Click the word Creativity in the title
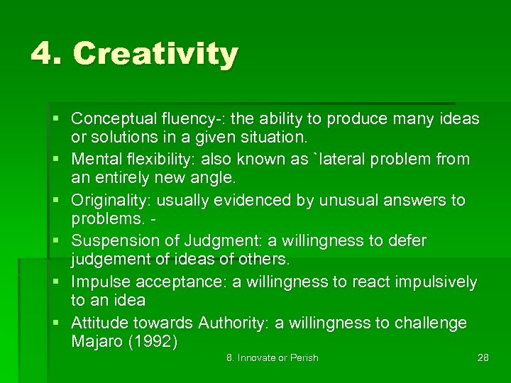(x=155, y=55)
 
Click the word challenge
(x=430, y=323)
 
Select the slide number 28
(x=483, y=358)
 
